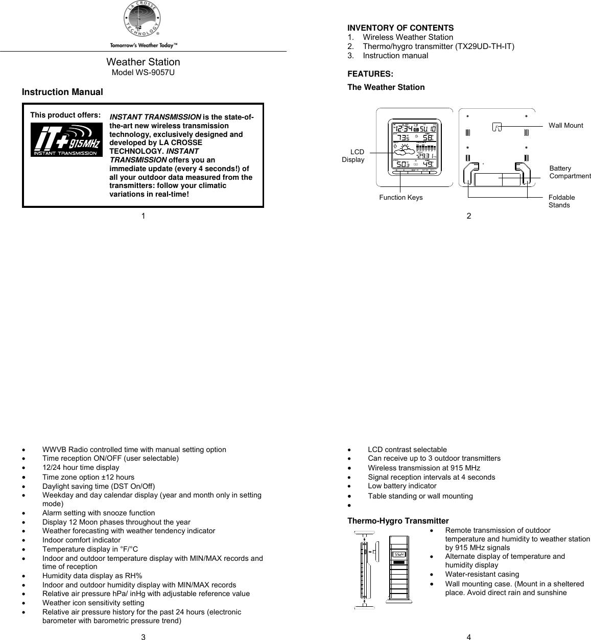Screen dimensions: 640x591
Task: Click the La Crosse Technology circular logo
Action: point(143,20)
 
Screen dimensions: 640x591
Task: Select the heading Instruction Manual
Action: point(62,92)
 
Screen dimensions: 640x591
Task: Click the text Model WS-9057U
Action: point(143,73)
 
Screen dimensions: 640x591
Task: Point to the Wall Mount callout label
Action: point(565,125)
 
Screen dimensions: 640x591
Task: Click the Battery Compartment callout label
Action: point(570,172)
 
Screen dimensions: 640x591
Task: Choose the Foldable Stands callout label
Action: point(561,201)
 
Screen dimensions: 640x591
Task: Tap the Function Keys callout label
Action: point(400,198)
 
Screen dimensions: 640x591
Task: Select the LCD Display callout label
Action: point(353,156)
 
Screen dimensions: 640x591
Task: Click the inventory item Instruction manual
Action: point(395,56)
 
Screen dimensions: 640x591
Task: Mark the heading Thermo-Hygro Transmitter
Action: point(398,521)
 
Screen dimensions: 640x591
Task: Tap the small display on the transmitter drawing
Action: point(399,555)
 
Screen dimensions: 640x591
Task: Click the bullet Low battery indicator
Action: point(402,486)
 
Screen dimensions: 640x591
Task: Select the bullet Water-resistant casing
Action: point(482,574)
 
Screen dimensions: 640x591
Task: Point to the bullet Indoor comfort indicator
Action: point(81,540)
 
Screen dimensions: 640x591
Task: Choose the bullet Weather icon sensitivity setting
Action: point(93,603)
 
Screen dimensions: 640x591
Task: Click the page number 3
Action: point(144,636)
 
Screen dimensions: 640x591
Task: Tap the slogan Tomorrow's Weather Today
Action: point(144,45)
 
